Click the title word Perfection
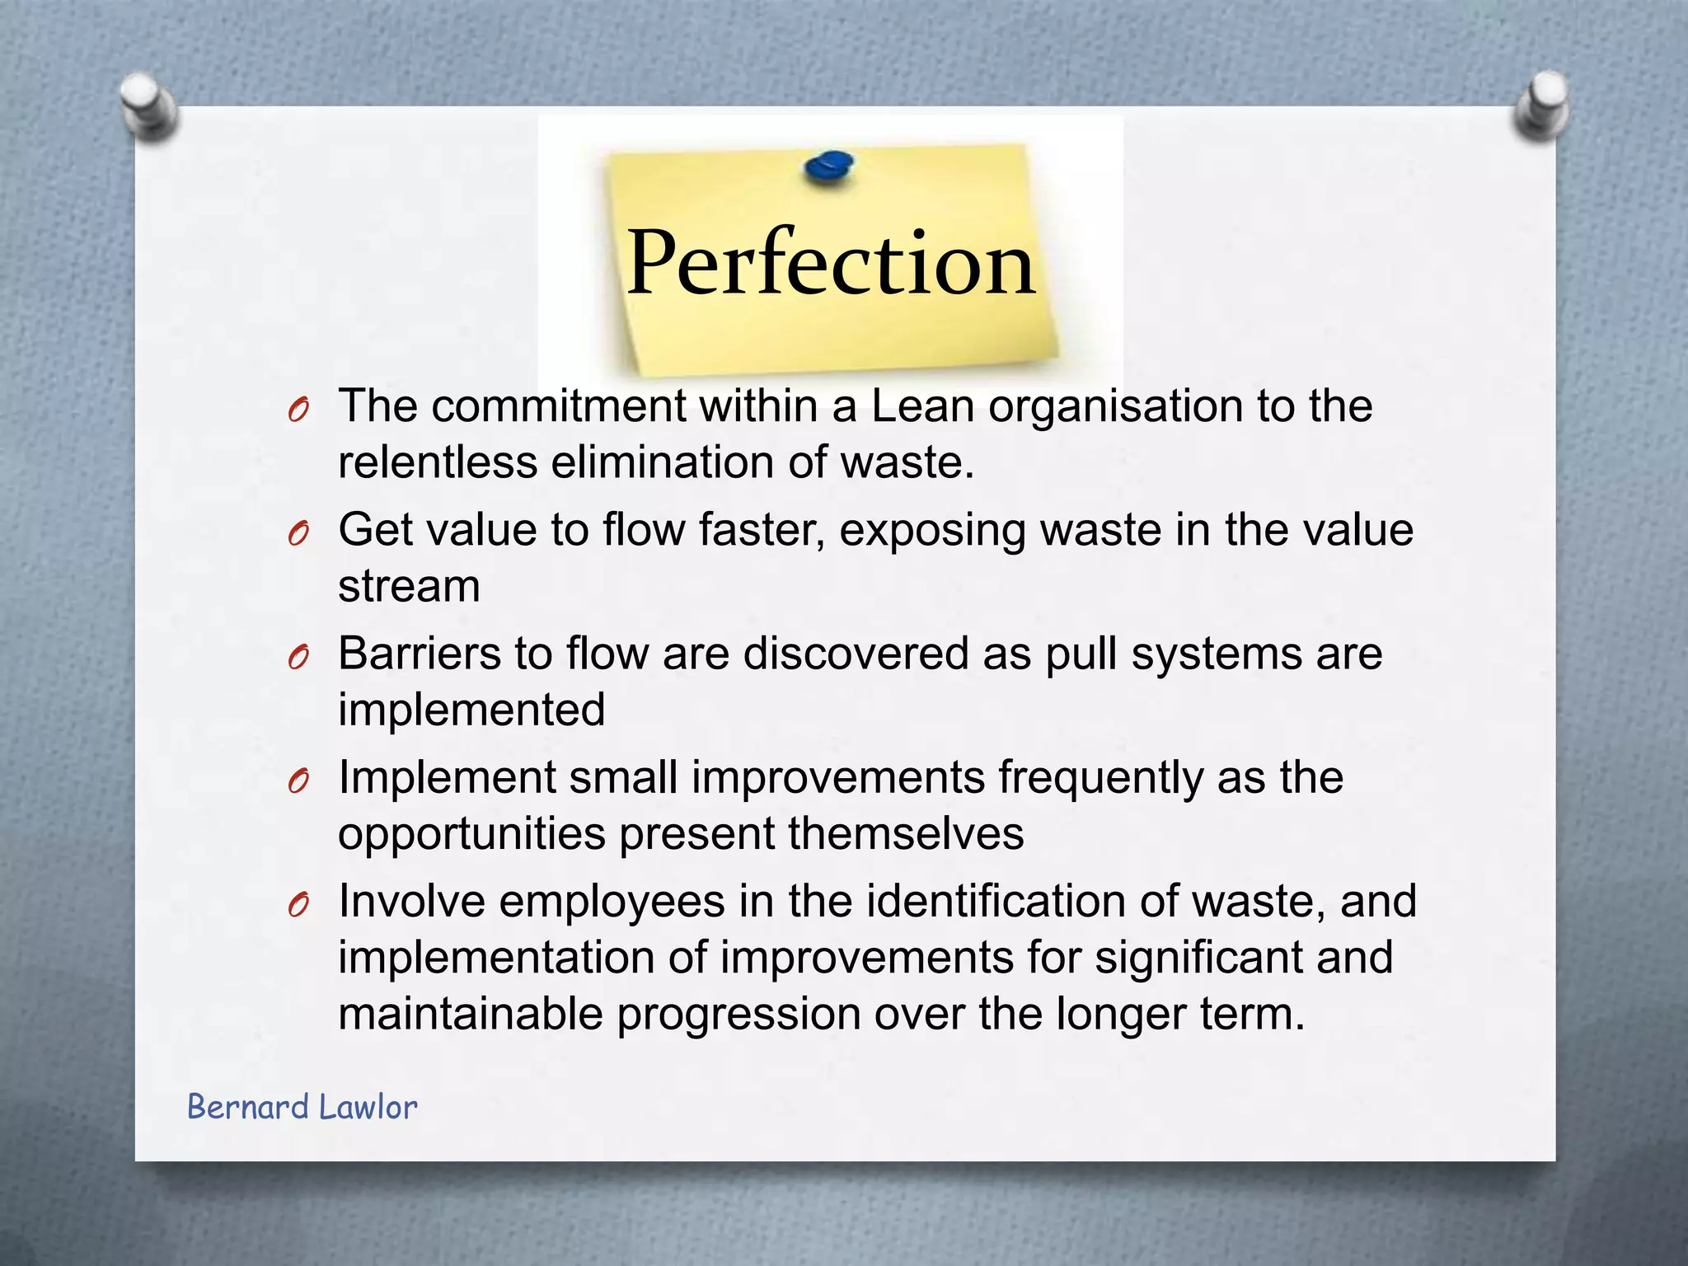point(830,262)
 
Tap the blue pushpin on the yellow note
point(828,167)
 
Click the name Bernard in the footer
point(248,1107)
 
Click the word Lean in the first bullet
point(922,406)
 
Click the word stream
point(409,586)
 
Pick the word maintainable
point(471,1014)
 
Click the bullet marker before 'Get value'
point(298,535)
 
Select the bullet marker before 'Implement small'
point(298,782)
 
